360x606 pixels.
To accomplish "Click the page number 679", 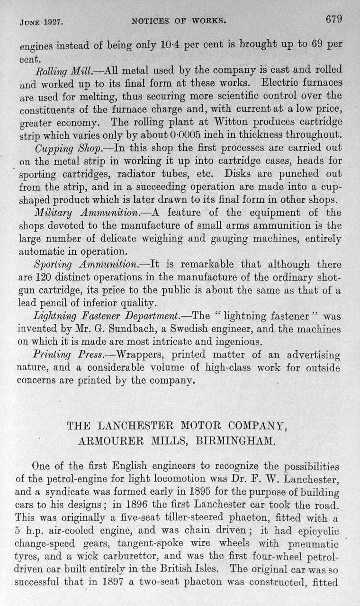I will click(x=333, y=19).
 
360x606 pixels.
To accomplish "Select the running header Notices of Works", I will click(x=179, y=21).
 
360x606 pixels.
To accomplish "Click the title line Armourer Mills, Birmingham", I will click(x=179, y=442).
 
